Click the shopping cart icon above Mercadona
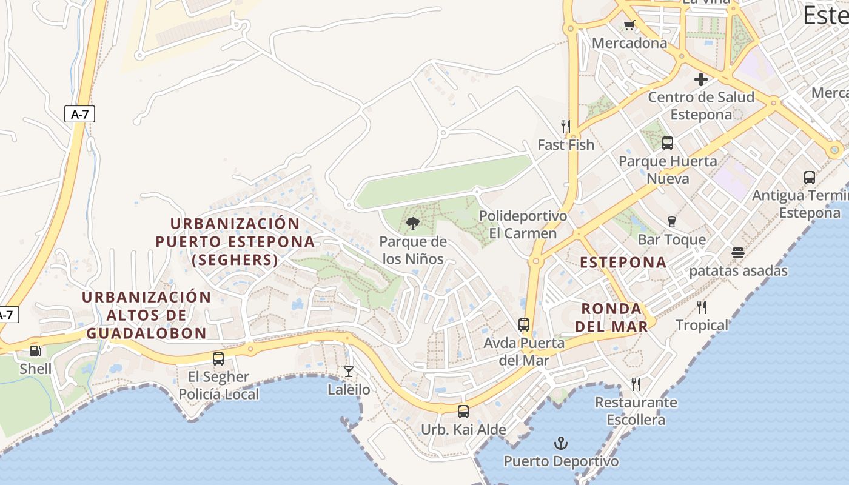pos(629,25)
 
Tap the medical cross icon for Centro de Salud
pos(701,79)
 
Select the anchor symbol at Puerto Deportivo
pos(561,443)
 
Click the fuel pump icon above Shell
pos(35,350)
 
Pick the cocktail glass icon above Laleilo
pos(348,371)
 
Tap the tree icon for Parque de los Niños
pos(413,224)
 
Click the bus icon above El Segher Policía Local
pos(218,358)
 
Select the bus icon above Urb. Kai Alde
pos(463,412)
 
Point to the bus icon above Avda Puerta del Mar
pos(524,325)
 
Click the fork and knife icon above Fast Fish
pos(565,126)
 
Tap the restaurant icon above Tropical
pos(702,307)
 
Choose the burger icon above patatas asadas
pos(738,252)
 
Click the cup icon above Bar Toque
pos(671,221)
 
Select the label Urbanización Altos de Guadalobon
pos(146,315)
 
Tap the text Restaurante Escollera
pos(636,411)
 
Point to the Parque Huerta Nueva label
pos(668,170)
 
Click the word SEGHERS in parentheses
pos(235,260)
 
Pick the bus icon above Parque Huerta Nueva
pos(668,143)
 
